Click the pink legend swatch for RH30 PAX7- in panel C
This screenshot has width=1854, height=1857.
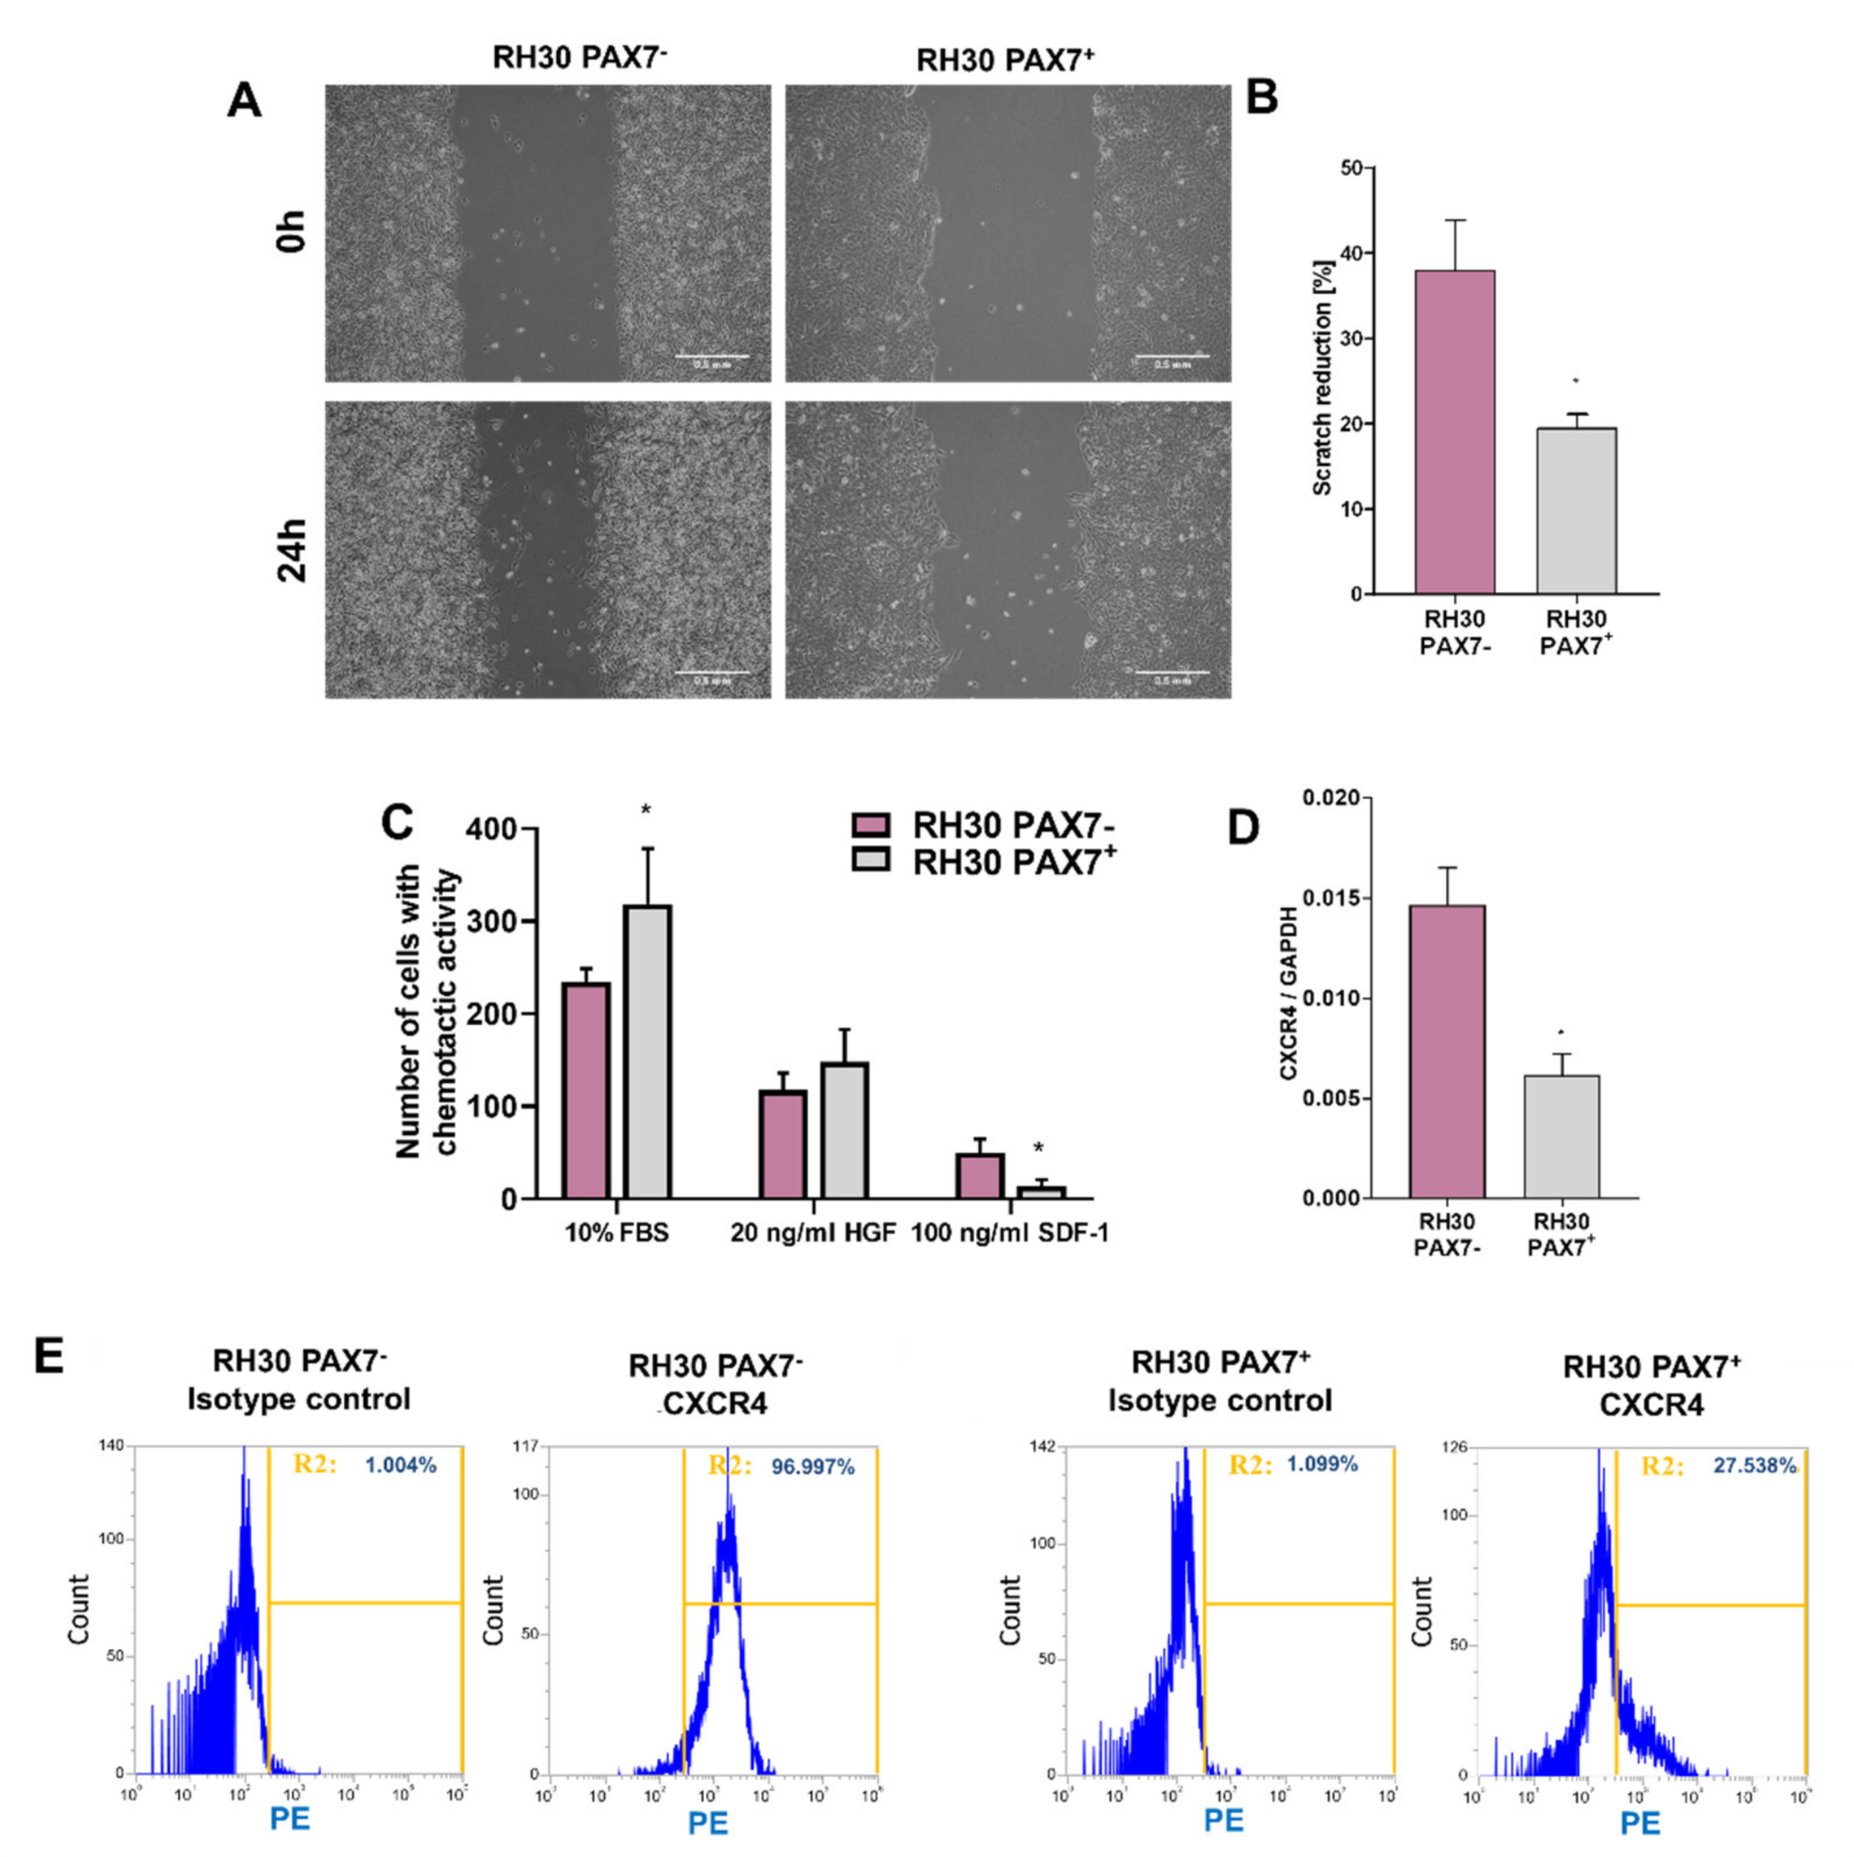871,825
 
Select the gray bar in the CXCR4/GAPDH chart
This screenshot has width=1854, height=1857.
1560,1136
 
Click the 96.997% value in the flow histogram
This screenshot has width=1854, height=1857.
812,1467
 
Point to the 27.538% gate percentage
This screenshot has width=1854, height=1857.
1754,1466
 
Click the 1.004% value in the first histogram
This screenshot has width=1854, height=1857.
399,1465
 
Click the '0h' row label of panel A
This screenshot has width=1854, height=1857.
290,230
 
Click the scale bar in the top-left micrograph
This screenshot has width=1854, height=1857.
712,356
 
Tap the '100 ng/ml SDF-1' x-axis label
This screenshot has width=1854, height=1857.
1009,1233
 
